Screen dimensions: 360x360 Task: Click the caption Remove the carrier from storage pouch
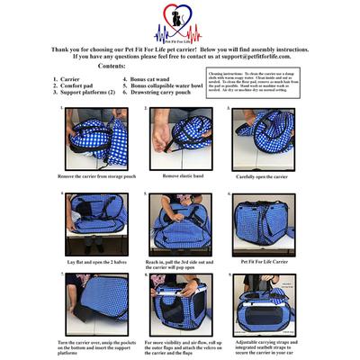tap(96, 177)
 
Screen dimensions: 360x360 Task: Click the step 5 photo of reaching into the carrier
tap(179, 223)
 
